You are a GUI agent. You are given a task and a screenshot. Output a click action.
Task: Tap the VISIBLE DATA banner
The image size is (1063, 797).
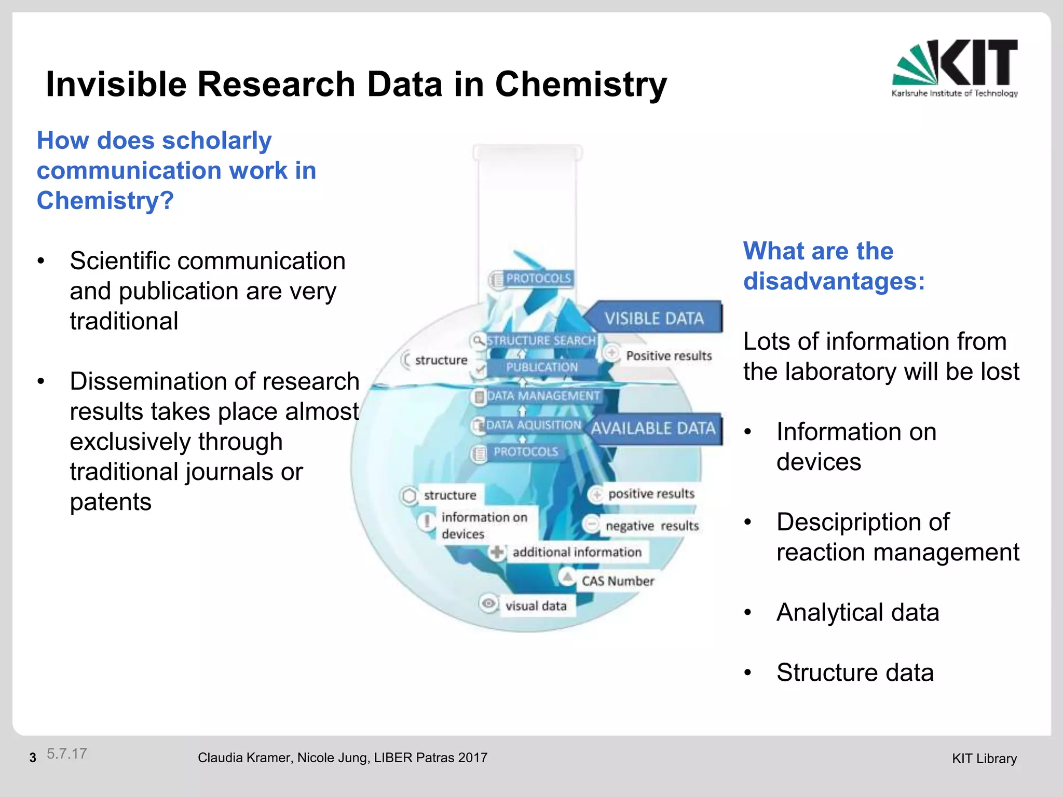point(654,318)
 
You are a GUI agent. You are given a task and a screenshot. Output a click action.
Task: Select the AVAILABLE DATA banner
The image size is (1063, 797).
point(654,429)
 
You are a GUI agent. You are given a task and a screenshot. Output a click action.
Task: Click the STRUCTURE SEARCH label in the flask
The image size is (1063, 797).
point(540,340)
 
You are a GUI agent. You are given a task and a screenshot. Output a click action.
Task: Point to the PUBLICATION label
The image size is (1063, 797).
point(541,367)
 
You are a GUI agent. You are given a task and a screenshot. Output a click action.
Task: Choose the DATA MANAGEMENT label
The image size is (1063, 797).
point(543,396)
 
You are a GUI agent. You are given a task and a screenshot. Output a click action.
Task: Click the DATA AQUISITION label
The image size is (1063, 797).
point(534,425)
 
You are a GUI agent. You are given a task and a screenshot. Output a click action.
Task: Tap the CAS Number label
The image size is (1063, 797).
point(618,581)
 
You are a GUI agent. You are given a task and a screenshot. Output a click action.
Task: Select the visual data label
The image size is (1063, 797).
point(536,606)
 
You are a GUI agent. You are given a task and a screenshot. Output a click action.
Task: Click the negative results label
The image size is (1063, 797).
point(652,526)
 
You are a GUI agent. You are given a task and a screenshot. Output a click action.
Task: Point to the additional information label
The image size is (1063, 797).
point(577,552)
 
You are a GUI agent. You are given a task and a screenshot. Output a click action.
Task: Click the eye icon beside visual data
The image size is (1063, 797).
point(488,604)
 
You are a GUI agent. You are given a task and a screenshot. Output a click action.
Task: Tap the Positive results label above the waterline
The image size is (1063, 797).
point(669,356)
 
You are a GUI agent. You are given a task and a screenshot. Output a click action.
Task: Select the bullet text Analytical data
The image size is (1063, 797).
point(857,612)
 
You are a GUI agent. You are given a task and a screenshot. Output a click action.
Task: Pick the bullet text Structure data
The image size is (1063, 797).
point(855,672)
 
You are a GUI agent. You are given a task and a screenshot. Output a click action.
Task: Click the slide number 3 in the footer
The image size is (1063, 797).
point(33,758)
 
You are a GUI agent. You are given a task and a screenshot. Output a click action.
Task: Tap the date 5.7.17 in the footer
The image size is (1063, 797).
point(66,754)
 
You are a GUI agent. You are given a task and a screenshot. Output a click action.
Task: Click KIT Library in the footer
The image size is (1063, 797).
point(984,759)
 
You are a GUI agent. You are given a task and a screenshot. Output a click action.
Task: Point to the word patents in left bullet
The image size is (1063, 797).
point(111,502)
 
